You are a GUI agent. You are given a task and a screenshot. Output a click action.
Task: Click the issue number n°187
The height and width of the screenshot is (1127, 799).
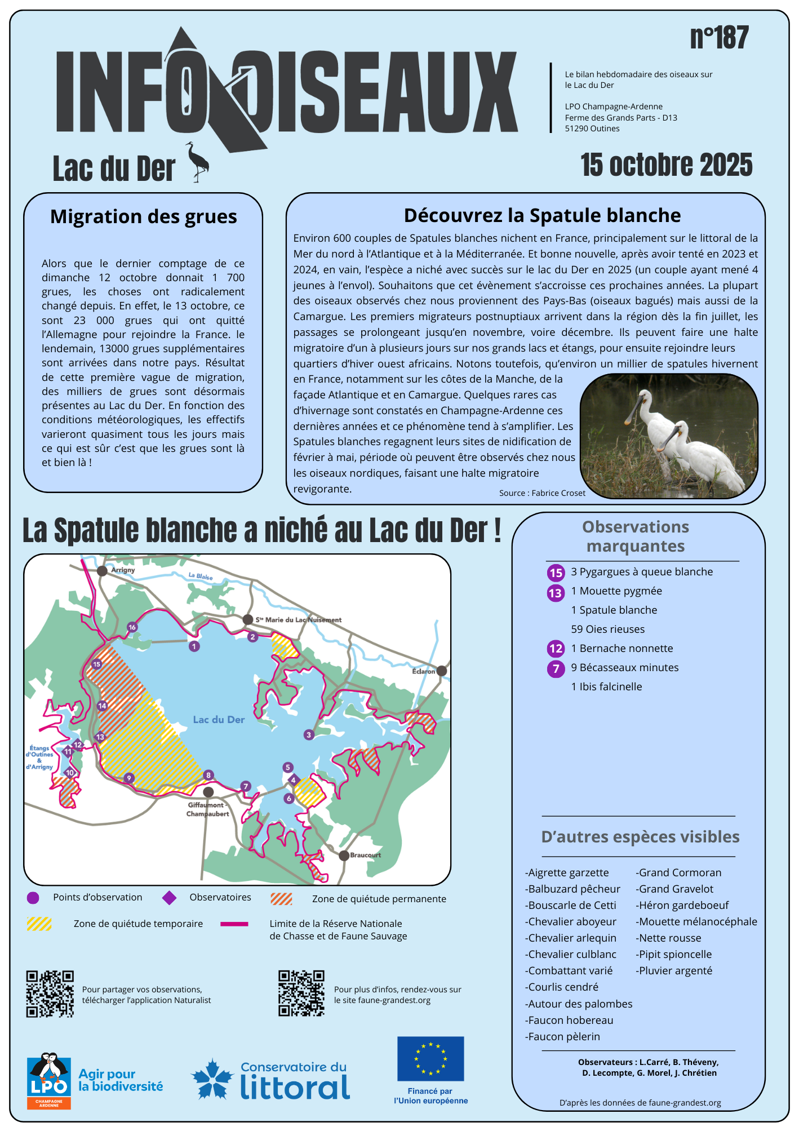[719, 38]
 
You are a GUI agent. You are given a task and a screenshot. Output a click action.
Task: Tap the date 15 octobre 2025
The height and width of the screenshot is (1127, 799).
[666, 165]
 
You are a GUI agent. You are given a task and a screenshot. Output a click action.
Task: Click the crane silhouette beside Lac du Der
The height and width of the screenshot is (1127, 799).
[198, 162]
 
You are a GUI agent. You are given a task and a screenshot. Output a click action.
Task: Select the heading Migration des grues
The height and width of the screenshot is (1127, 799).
[144, 216]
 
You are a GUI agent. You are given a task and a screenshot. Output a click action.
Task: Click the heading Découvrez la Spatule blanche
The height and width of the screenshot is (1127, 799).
[542, 215]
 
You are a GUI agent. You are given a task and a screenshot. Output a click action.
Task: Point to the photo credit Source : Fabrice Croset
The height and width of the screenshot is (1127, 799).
[542, 493]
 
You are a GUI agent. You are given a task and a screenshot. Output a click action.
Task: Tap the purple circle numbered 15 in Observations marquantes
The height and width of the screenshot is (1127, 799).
[556, 573]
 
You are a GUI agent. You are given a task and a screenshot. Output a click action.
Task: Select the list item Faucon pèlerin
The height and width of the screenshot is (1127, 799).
[563, 1036]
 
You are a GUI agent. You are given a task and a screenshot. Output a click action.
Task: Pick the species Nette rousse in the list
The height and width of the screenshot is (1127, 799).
[669, 938]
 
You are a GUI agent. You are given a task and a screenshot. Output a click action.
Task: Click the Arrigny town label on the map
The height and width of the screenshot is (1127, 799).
[123, 570]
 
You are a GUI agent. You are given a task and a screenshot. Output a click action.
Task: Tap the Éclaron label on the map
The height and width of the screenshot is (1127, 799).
[423, 671]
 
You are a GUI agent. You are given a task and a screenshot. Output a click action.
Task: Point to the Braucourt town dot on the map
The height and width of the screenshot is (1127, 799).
[344, 855]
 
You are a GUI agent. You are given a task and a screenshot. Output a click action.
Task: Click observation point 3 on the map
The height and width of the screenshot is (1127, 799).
[309, 735]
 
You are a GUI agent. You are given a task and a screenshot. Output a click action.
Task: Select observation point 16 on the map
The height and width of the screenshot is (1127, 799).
[132, 627]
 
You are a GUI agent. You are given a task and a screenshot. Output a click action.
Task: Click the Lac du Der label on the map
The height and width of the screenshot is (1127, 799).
[219, 720]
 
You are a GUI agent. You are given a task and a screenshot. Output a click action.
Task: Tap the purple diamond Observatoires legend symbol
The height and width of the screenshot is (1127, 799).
[169, 898]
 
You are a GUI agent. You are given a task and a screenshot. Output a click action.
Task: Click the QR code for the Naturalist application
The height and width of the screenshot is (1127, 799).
[50, 994]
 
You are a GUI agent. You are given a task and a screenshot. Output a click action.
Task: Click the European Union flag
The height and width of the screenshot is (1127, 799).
[430, 1059]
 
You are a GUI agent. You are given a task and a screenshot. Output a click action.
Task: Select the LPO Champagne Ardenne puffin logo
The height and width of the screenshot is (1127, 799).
[49, 1081]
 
